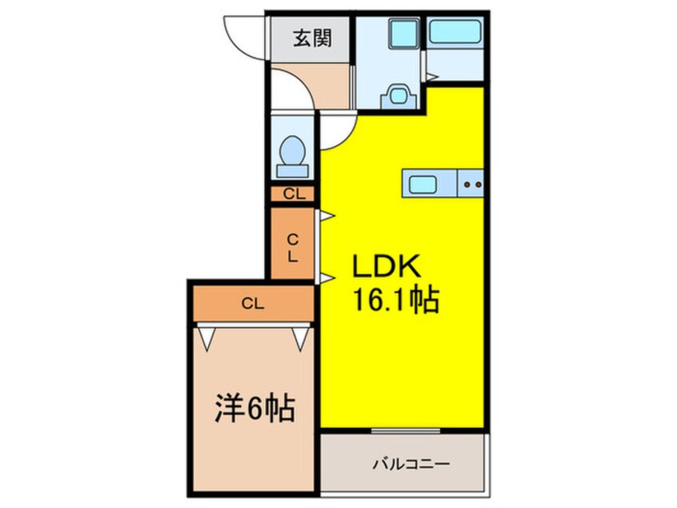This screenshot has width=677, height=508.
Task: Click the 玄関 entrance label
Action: coord(310,38)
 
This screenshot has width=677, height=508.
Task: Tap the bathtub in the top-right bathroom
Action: coord(455,33)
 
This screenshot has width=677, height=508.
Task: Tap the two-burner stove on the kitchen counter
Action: coord(471,184)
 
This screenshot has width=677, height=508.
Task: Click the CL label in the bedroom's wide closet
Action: coord(253,303)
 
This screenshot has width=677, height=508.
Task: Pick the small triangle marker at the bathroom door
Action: coord(431,78)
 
